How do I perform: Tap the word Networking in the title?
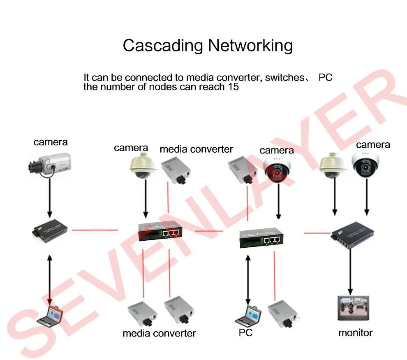pos(250,45)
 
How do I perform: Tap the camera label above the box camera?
pos(51,142)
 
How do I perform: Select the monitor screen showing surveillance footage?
pos(353,308)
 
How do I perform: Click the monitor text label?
pos(355,332)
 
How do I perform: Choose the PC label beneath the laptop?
pos(245,332)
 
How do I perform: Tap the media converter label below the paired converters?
pos(159,333)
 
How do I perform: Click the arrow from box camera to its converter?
pos(50,197)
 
